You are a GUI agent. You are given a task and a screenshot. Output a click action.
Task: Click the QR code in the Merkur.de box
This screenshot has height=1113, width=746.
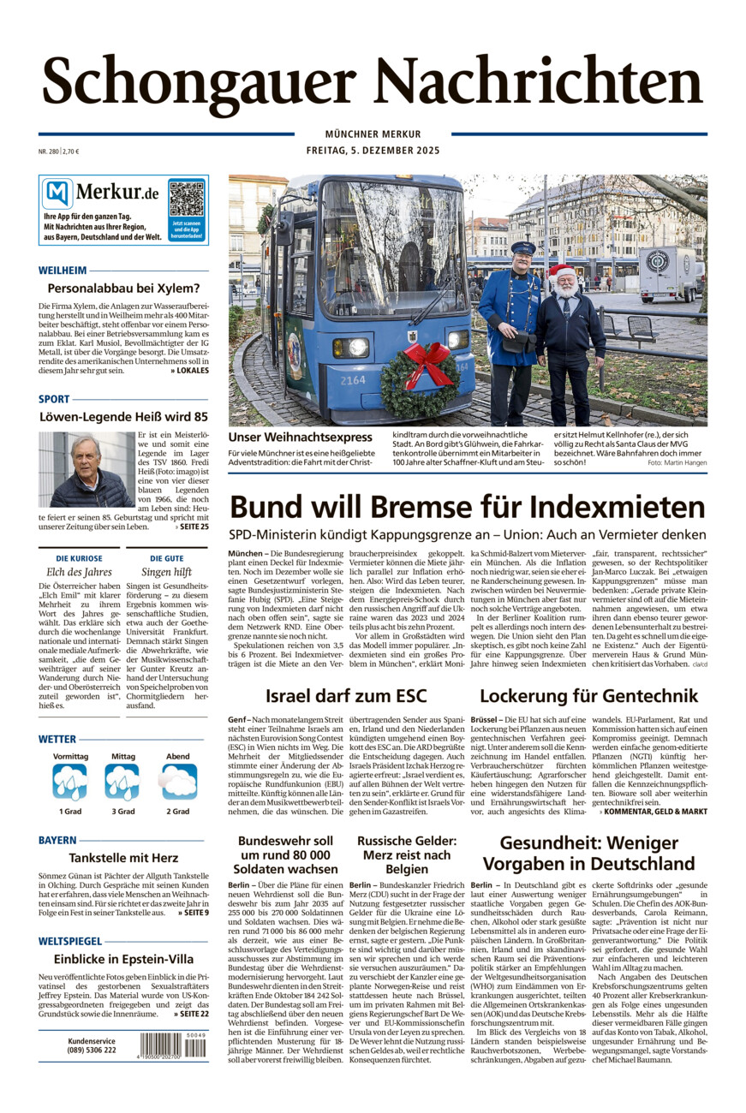(187, 199)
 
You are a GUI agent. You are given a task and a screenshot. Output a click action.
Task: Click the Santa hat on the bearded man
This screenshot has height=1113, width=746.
(562, 273)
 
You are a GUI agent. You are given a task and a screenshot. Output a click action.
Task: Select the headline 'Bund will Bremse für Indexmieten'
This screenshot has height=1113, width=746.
(467, 507)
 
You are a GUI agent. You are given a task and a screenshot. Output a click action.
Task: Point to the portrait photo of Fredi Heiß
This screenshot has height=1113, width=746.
(86, 469)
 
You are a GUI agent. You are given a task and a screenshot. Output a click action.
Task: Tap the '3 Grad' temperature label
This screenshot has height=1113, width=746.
(122, 811)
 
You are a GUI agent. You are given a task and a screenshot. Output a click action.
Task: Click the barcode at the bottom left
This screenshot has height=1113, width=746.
(172, 1045)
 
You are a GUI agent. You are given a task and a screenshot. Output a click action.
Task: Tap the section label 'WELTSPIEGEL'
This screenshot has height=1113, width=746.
(70, 940)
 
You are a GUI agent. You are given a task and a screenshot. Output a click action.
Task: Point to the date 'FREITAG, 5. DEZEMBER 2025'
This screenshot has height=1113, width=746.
(373, 152)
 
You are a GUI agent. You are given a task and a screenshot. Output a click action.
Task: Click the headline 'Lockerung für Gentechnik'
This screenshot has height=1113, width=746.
(588, 695)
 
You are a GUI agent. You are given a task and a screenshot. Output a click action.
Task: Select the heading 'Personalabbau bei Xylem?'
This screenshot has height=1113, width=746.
(123, 289)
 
